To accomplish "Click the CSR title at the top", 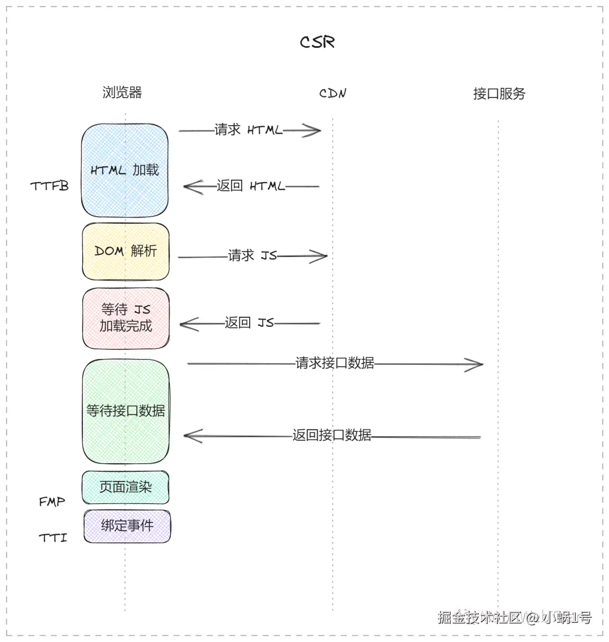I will coord(317,42).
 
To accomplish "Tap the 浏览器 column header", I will coord(122,92).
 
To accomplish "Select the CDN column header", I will coord(333,94).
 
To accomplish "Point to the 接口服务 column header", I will coord(499,94).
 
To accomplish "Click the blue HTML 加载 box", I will coord(125,170).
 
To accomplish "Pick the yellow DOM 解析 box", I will coord(125,251).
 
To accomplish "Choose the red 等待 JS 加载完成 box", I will coord(126,318).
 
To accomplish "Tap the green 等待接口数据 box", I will coord(126,411).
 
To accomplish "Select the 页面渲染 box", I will coord(125,487).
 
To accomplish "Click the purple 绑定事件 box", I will coord(127,526).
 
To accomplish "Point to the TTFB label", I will coord(50,186).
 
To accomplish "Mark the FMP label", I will coord(52,501).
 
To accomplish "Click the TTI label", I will coord(53,538).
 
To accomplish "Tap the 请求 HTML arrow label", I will coord(248,130).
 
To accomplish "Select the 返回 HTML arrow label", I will coord(250,186).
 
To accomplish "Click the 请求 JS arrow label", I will coord(252,256).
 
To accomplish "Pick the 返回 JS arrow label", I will coord(249,323).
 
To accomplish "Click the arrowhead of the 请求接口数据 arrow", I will coord(476,364).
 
